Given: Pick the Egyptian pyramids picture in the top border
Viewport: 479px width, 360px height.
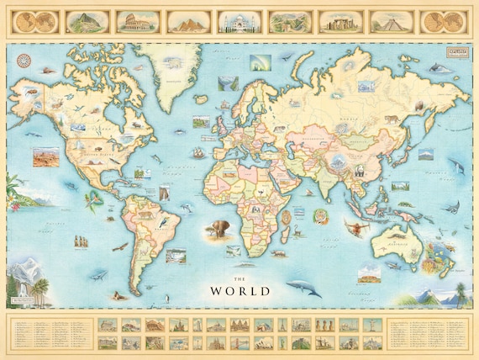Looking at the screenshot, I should [x=188, y=20].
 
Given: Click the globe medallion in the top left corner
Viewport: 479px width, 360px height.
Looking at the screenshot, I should [x=34, y=20].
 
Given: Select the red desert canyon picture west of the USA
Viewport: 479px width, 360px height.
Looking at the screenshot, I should [x=45, y=156].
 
